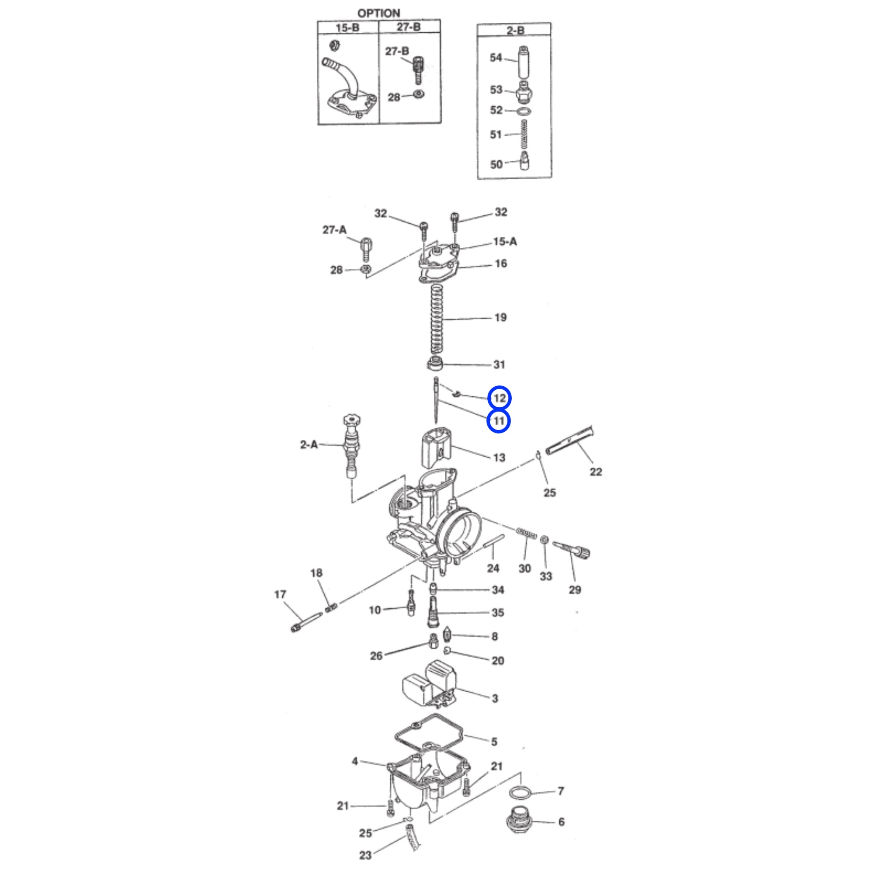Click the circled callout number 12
(x=499, y=398)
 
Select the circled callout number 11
(x=499, y=421)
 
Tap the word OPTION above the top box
(x=378, y=14)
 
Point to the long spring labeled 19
(x=436, y=320)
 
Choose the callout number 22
(x=596, y=472)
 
